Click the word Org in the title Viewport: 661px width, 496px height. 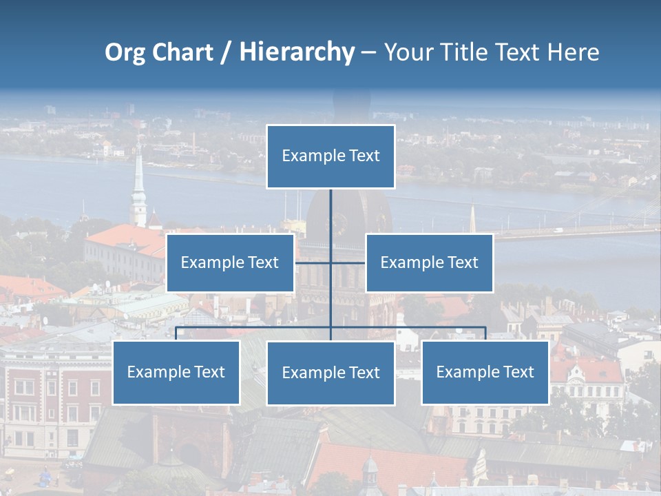[125, 52]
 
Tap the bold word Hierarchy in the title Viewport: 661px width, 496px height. [296, 52]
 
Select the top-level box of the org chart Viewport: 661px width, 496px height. [330, 156]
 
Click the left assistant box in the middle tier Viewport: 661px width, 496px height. [230, 262]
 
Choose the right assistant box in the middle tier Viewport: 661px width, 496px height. [429, 262]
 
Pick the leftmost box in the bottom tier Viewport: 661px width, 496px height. [176, 372]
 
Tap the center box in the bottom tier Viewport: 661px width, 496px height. [330, 373]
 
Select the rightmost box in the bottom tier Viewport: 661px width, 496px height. [485, 372]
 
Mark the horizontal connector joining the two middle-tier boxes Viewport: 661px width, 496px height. [313, 262]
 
